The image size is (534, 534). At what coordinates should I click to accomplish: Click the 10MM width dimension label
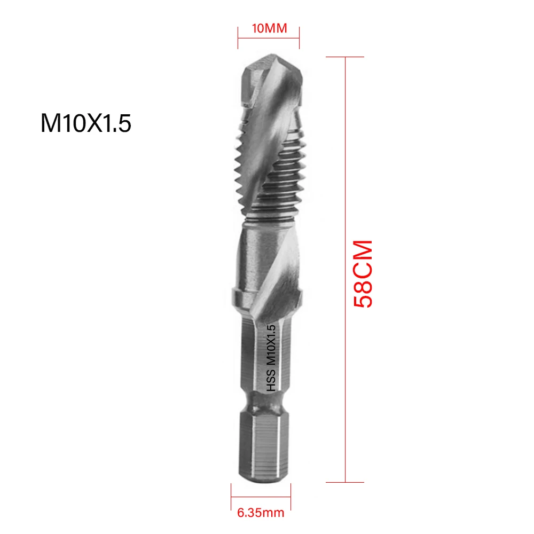[x=269, y=28]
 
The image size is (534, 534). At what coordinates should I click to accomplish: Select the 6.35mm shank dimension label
[x=261, y=514]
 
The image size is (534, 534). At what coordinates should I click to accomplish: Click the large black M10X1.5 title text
[x=86, y=124]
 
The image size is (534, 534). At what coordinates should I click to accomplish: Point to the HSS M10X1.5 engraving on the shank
[x=270, y=359]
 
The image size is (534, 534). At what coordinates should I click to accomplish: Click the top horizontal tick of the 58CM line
[x=346, y=58]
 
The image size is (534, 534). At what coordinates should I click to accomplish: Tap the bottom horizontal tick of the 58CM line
[x=346, y=482]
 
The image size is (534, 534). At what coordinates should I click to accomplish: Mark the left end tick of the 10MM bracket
[x=238, y=37]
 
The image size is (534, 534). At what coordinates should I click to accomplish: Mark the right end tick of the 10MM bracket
[x=299, y=37]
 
